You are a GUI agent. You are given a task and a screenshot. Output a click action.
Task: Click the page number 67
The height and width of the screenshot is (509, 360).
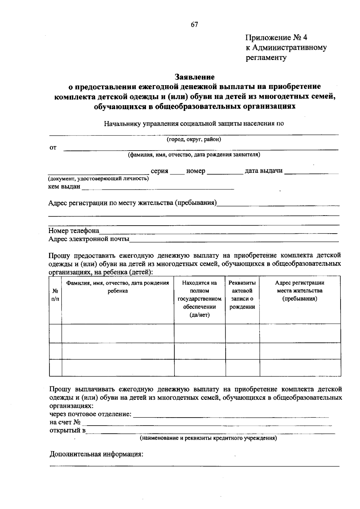coord(194,25)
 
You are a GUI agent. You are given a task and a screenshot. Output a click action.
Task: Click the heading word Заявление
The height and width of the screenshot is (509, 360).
coord(195,77)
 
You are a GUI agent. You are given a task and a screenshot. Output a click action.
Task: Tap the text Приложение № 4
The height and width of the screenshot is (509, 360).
coord(276,38)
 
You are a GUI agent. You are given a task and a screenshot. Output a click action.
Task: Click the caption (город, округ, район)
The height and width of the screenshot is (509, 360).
coord(194,139)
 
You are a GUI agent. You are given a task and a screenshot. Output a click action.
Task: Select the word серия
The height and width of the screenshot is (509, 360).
coord(159,171)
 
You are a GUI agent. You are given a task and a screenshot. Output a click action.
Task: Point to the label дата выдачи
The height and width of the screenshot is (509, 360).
coord(264,171)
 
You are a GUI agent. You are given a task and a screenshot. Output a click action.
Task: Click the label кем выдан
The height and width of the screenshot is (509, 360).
coord(64,187)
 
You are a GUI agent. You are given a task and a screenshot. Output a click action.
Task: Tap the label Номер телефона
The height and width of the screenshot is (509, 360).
coord(74,231)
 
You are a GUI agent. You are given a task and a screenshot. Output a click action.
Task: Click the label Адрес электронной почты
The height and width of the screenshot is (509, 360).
coord(89,239)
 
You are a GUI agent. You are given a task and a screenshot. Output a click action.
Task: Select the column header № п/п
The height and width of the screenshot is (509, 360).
coord(55,295)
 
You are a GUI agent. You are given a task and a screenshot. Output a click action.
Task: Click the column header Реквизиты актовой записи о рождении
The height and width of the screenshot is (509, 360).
coord(242,295)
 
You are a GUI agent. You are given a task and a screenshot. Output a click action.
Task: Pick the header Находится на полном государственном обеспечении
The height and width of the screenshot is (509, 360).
coord(199,299)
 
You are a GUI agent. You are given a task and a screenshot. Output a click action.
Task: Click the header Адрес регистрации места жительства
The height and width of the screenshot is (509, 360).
coord(300,291)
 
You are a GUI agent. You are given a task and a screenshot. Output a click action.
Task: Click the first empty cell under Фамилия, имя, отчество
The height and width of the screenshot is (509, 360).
coord(118,333)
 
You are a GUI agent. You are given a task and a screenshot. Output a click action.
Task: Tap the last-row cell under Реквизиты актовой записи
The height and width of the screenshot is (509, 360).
coord(242,368)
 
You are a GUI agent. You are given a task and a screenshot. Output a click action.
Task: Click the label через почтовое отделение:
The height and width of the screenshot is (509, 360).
coord(90,414)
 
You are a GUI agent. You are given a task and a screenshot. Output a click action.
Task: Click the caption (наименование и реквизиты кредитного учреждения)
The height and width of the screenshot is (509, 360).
coord(208,438)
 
